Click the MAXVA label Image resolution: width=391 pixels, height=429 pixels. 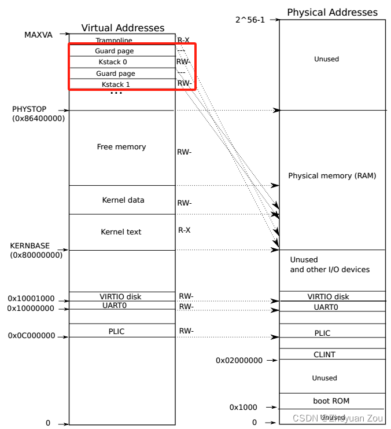(x=38, y=35)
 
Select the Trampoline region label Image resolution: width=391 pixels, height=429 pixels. (x=114, y=41)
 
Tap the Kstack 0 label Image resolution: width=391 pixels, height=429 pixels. (x=113, y=62)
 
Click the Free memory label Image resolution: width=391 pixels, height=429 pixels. (x=121, y=147)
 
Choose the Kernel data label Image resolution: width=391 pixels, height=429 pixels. (x=123, y=200)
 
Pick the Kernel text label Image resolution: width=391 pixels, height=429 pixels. (x=121, y=232)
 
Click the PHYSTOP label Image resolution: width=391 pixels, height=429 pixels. (x=29, y=109)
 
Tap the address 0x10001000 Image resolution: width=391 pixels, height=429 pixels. (x=31, y=299)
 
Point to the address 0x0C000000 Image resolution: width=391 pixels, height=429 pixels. (x=31, y=336)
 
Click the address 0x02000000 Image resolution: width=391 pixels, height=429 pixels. (x=239, y=361)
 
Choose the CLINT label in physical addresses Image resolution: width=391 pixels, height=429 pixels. (x=324, y=354)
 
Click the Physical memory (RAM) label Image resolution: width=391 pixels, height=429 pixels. (x=332, y=175)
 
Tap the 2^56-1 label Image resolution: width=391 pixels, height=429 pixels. (x=249, y=20)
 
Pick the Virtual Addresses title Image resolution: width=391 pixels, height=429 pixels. (x=123, y=28)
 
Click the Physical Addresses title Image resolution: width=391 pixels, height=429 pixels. (x=332, y=12)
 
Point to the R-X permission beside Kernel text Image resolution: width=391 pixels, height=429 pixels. (x=184, y=230)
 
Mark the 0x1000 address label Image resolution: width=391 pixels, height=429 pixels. (x=243, y=408)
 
